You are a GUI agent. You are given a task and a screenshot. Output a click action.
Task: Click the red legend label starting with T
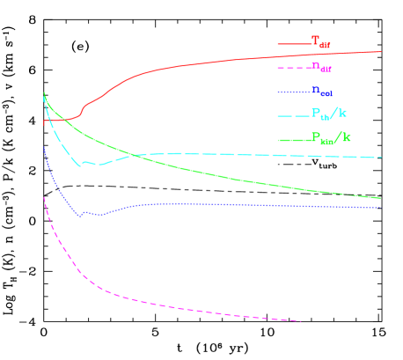(321, 41)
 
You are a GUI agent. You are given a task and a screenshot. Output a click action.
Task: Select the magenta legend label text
(321, 66)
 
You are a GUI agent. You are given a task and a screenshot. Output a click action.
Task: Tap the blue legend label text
(321, 90)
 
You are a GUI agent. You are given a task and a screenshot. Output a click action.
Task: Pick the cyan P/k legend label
(329, 114)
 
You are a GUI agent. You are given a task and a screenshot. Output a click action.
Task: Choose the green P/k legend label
(331, 137)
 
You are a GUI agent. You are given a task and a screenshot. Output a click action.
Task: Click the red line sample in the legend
(293, 43)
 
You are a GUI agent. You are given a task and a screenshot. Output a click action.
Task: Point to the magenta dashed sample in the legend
(293, 67)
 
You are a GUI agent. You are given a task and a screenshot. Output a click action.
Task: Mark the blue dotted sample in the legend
(293, 92)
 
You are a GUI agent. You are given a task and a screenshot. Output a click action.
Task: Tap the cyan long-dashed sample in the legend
(293, 115)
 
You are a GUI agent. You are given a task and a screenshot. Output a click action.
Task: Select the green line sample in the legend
(293, 139)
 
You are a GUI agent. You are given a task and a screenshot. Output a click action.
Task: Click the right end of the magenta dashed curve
(301, 320)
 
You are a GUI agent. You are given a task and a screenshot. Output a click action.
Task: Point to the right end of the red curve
(381, 51)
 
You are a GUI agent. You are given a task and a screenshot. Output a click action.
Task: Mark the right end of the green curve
(381, 198)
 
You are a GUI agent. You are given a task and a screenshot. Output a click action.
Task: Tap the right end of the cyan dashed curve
(381, 158)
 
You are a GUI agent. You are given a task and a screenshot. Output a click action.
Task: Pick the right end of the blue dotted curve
(381, 208)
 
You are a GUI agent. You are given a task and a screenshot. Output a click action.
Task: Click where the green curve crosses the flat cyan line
(134, 155)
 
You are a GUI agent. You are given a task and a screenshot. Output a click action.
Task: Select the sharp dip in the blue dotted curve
(81, 216)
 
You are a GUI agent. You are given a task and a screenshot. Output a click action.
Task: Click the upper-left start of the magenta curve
(44, 198)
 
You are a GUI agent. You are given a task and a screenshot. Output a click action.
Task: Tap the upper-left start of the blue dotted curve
(44, 147)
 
